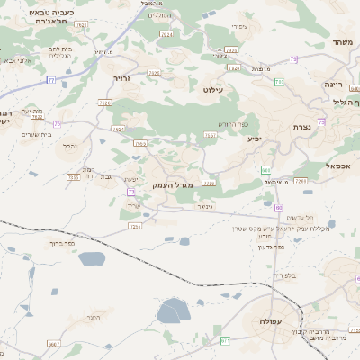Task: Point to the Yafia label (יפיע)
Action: [x=255, y=139]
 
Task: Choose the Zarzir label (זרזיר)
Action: [x=123, y=78]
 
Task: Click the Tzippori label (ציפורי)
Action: [x=253, y=27]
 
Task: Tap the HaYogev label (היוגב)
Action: [x=94, y=318]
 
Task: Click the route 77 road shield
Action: [x=51, y=81]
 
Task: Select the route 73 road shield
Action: [x=131, y=192]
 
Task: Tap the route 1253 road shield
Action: [x=136, y=226]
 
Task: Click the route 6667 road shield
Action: [x=53, y=344]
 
